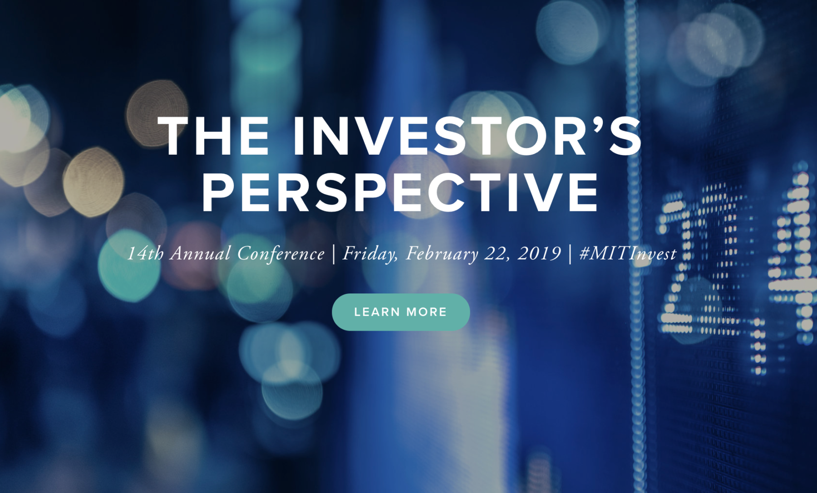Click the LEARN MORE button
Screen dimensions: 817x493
coord(401,312)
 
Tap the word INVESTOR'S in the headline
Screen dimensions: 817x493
coord(468,136)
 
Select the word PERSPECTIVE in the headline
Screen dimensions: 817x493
coord(400,192)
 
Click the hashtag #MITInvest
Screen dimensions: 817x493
coord(628,253)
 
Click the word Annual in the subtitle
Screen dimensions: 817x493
coord(200,253)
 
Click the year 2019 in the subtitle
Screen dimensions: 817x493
coord(539,253)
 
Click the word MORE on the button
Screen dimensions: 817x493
coord(427,312)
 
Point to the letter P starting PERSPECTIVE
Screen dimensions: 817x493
coord(220,192)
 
